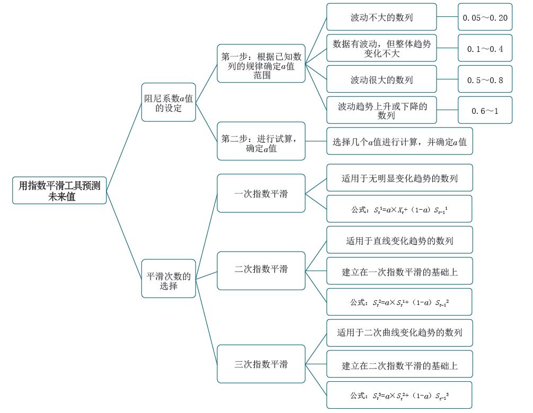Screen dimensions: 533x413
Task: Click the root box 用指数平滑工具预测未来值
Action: click(x=59, y=190)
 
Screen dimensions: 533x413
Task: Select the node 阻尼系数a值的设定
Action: click(x=168, y=102)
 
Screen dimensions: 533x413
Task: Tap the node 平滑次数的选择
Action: click(x=168, y=279)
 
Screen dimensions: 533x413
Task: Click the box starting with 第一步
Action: click(x=261, y=64)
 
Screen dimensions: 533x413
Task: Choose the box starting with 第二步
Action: click(x=261, y=141)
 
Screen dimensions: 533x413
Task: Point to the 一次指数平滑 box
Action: click(x=261, y=193)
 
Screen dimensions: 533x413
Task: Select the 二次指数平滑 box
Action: click(x=261, y=271)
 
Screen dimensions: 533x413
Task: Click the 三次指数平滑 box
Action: click(x=261, y=364)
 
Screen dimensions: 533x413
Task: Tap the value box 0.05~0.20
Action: click(x=485, y=17)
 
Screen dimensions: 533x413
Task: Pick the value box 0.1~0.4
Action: click(x=485, y=48)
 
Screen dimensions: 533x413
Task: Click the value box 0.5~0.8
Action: click(x=485, y=79)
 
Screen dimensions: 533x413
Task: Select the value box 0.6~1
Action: click(x=485, y=110)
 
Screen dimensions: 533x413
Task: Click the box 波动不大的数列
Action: click(x=381, y=17)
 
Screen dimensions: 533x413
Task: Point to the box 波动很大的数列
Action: click(x=381, y=79)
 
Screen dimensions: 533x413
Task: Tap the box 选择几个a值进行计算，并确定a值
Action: click(x=399, y=141)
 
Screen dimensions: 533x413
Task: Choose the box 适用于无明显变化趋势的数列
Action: click(x=399, y=177)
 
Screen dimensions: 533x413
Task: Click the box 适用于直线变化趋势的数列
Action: click(x=399, y=240)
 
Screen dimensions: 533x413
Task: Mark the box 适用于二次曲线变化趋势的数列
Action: click(x=399, y=333)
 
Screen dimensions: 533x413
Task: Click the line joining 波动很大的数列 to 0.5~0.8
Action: click(x=447, y=79)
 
